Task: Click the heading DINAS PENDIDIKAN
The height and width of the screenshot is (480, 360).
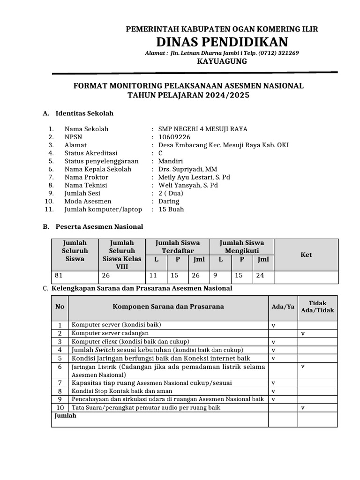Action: (222, 41)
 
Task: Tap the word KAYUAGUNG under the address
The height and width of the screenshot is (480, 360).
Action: (222, 61)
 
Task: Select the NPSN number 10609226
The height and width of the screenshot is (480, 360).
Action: (174, 137)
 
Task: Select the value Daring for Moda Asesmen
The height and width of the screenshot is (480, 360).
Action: (169, 201)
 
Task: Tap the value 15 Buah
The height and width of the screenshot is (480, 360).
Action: (171, 209)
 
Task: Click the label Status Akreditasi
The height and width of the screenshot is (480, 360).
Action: (91, 153)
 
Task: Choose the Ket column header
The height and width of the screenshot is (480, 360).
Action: (306, 255)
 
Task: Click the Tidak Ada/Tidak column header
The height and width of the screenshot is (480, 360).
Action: (317, 307)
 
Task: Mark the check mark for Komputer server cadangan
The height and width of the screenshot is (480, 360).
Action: (303, 333)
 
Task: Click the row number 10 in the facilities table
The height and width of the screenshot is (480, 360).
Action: (60, 408)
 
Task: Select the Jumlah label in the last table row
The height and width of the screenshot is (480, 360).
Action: (66, 416)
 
